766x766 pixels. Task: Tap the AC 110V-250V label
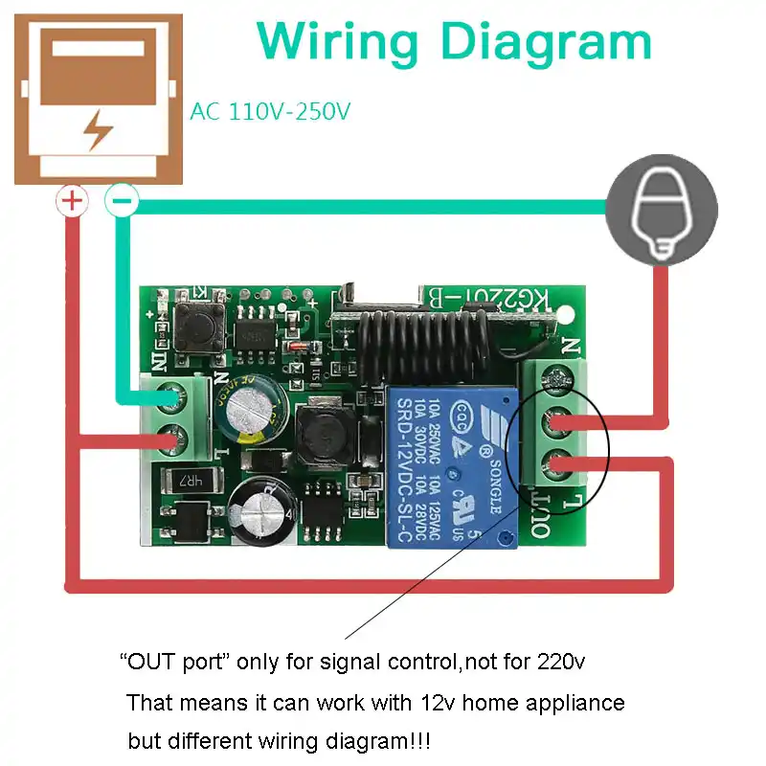coord(270,112)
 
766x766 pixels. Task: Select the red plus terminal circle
coord(71,201)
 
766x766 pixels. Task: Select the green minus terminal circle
coord(122,201)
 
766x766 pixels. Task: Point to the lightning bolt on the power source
coord(99,129)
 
